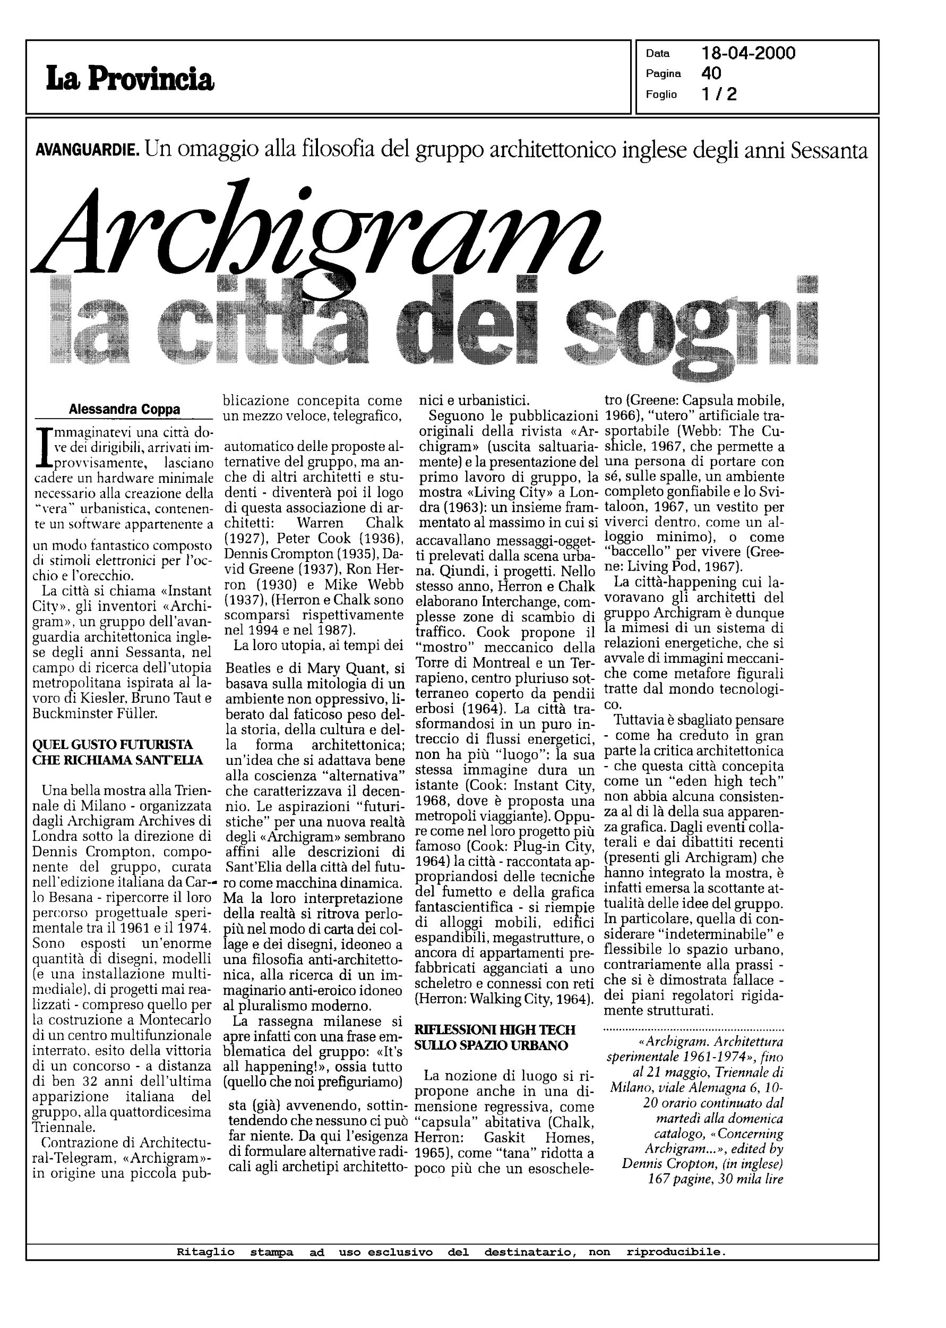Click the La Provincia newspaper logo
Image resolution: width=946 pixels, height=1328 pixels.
pos(131,78)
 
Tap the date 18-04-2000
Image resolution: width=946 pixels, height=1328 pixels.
pos(749,54)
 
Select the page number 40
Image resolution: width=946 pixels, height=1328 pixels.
pos(711,73)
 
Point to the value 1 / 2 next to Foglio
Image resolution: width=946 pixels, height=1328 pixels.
pos(719,94)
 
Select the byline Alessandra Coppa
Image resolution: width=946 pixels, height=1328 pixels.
pos(124,409)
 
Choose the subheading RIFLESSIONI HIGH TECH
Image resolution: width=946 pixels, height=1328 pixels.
pos(495,1029)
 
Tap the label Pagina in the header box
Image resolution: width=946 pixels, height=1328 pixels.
pos(663,73)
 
